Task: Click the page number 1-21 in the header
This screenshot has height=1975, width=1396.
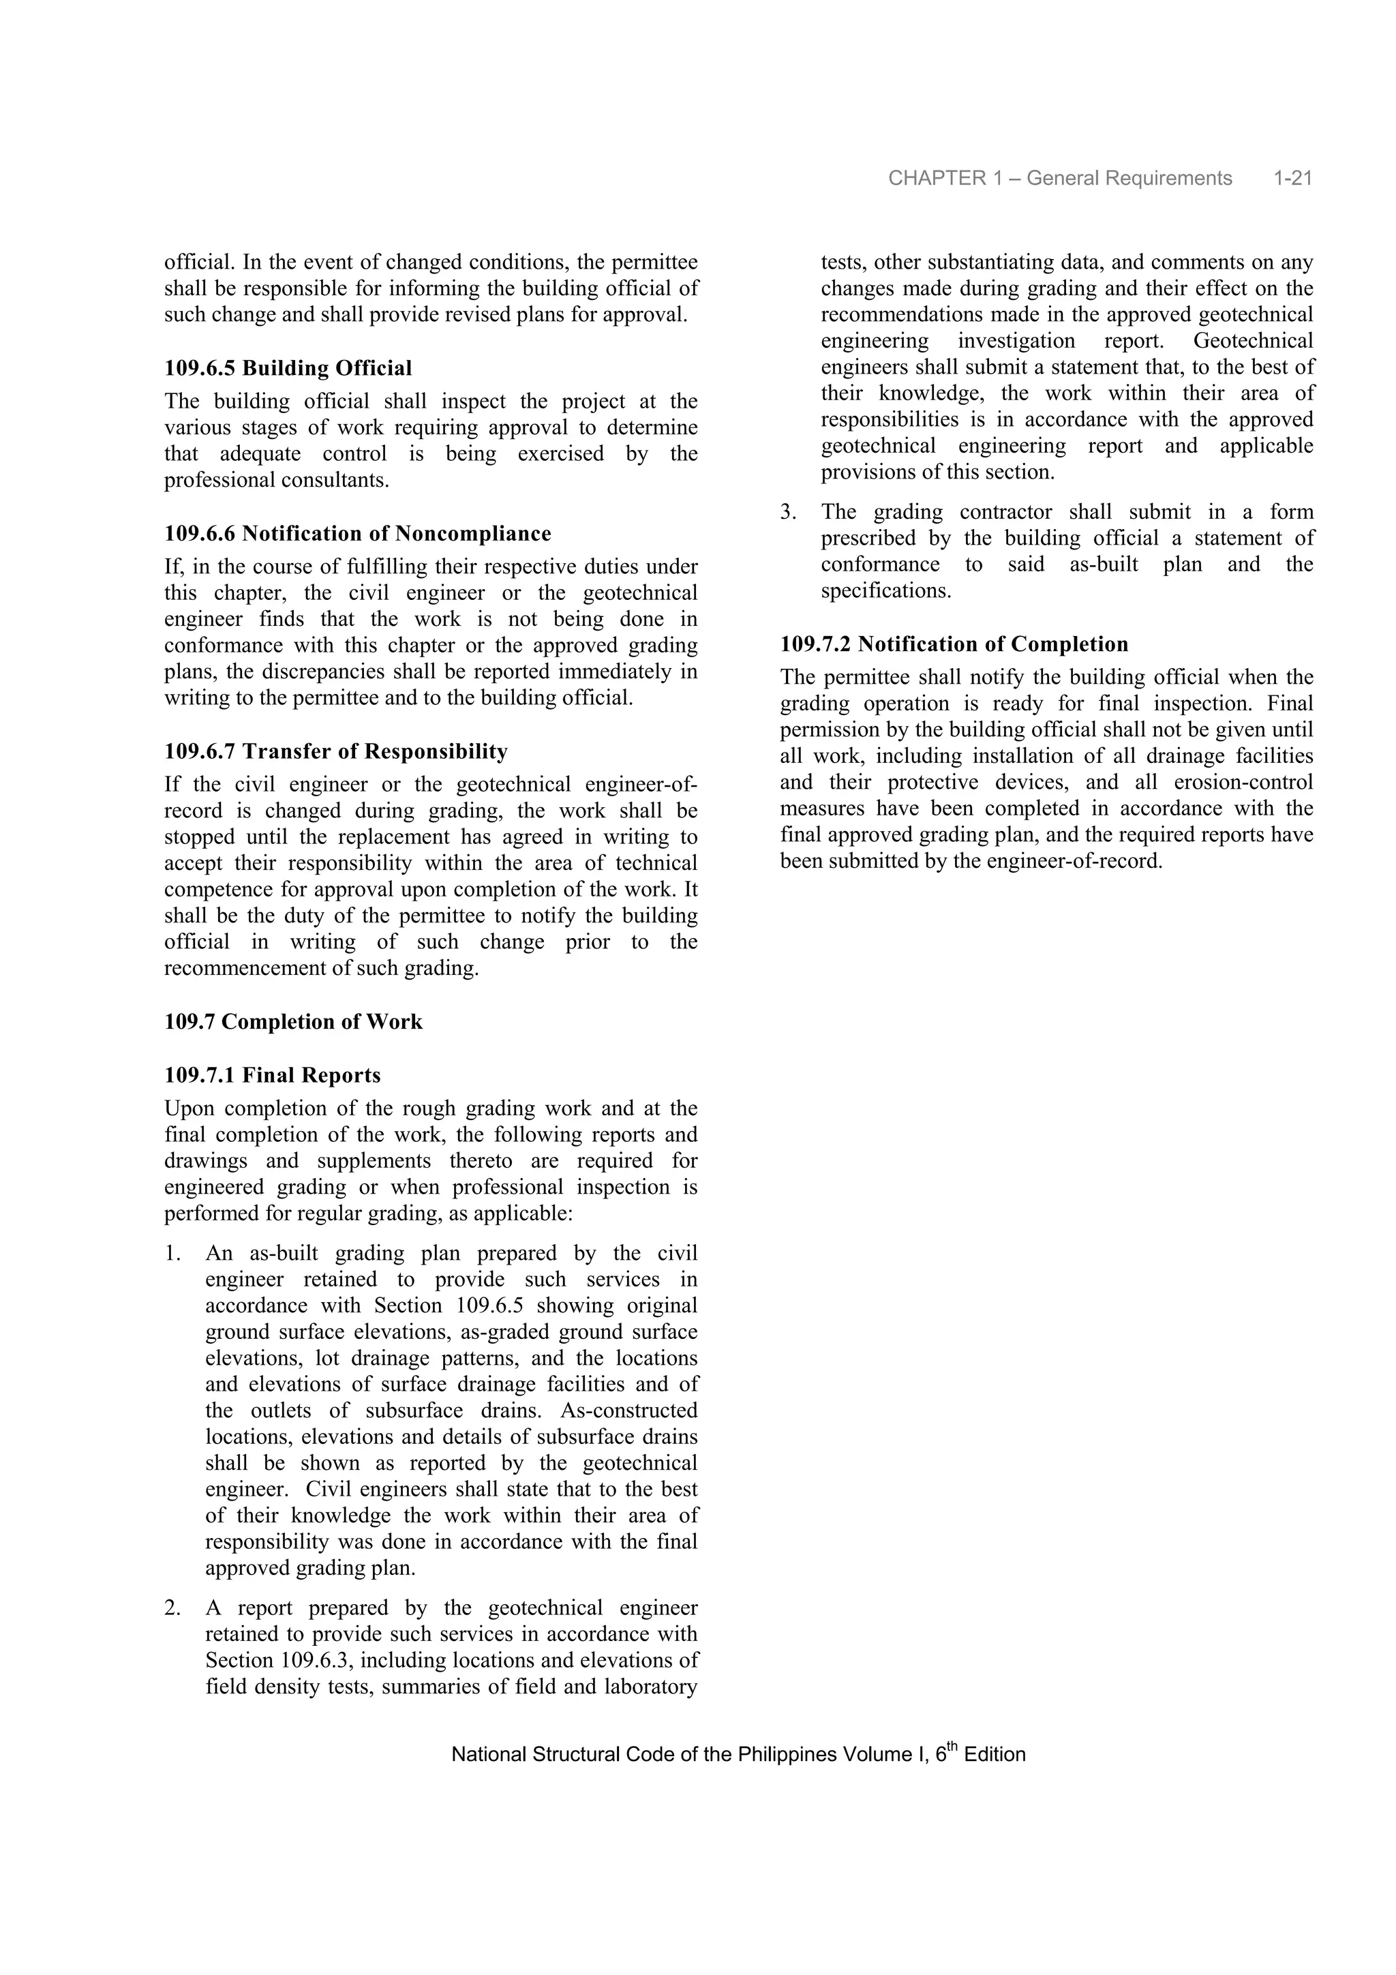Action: [x=1292, y=178]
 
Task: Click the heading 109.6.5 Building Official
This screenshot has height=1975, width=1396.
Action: [x=288, y=368]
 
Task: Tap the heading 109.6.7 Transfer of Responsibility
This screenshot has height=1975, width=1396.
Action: [x=335, y=751]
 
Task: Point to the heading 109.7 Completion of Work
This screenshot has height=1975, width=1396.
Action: [x=293, y=1021]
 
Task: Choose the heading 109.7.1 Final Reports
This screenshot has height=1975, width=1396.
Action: [x=272, y=1075]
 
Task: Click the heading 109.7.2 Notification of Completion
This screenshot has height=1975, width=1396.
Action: [x=954, y=644]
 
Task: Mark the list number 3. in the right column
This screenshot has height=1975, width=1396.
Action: [x=789, y=512]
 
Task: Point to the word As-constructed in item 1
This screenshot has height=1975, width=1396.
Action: [x=628, y=1411]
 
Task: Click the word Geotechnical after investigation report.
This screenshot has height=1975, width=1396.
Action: [x=1254, y=341]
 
